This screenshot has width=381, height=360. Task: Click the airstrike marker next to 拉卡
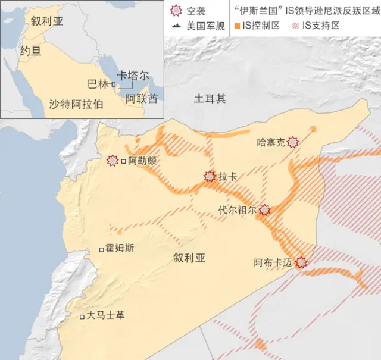(210, 176)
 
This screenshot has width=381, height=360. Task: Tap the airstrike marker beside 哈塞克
(292, 142)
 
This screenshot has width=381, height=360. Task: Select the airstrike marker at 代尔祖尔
(264, 209)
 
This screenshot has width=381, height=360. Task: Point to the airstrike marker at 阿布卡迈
(302, 262)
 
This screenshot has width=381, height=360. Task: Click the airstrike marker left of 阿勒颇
(113, 161)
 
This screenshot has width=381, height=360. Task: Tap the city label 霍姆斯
(118, 249)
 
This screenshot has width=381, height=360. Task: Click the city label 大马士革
(105, 316)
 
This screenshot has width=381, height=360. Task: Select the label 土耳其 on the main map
(210, 99)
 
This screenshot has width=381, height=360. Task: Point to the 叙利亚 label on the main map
(189, 258)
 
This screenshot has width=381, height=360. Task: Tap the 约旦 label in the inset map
(30, 51)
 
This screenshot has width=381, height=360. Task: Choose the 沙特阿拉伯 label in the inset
(77, 104)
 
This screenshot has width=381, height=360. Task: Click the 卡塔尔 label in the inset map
(133, 76)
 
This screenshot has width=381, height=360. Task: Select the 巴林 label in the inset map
(98, 84)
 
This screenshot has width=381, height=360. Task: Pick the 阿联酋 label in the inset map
(142, 99)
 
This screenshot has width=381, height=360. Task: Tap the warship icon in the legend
(176, 26)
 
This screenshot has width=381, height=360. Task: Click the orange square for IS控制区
(237, 26)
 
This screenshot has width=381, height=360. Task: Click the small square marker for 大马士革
(82, 317)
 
